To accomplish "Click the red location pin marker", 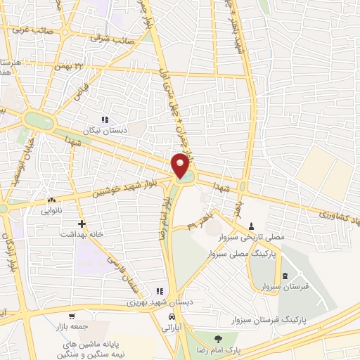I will (181, 165).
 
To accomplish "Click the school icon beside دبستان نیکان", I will (105, 120).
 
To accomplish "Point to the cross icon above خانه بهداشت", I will (82, 224).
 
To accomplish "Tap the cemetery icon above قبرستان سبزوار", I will (284, 276).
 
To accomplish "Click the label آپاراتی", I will (172, 328).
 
